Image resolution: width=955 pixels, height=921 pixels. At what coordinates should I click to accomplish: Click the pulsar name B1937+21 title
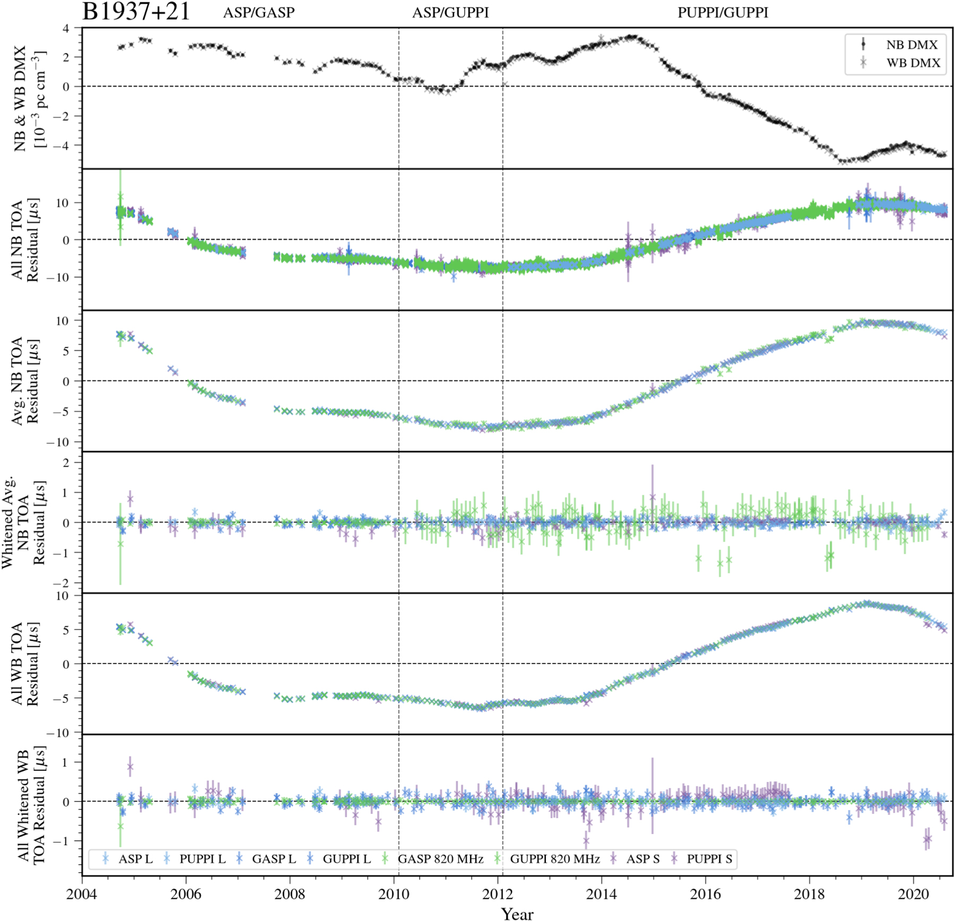136,12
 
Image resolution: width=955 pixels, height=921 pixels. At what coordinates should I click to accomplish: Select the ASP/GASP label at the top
259,13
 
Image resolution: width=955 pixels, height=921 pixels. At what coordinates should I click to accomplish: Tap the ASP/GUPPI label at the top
450,13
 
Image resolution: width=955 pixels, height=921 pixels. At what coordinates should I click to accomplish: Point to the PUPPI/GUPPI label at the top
723,13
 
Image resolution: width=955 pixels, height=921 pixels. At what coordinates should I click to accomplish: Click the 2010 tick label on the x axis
394,894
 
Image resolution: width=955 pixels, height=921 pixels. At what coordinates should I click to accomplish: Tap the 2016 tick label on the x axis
706,894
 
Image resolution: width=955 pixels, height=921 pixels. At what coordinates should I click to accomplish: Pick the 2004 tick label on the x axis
82,894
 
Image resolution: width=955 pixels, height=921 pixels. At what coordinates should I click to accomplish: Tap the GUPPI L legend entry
346,859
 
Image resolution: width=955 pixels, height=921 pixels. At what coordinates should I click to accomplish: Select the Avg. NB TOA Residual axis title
25,380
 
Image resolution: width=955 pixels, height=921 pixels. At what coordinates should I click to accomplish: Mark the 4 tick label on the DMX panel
66,29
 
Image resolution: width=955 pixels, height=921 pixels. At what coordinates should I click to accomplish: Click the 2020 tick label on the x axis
914,894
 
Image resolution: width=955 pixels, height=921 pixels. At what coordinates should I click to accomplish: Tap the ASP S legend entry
643,859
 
